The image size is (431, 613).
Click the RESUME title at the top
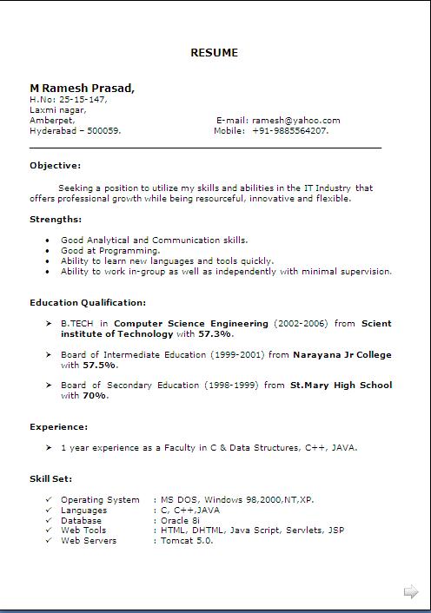coord(214,53)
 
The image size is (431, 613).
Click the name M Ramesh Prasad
coord(82,88)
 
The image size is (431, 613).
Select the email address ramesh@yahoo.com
coord(295,120)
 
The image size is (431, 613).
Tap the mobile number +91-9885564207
coord(290,130)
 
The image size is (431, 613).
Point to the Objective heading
coord(55,165)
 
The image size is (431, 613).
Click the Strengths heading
coord(56,219)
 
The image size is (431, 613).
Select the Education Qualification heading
coord(88,302)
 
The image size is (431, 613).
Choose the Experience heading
coord(58,426)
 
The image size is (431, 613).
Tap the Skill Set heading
coord(51,478)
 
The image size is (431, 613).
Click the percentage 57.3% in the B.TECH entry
coord(215,333)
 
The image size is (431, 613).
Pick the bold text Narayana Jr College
coord(341,354)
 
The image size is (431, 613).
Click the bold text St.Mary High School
coord(341,385)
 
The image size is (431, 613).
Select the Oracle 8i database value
coord(180,520)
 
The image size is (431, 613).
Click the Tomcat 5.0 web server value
coord(186,540)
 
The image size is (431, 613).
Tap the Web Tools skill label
coord(83,530)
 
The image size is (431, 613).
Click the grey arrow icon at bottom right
coord(411,592)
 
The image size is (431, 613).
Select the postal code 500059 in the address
coord(103,130)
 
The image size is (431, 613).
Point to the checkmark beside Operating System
coord(49,499)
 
